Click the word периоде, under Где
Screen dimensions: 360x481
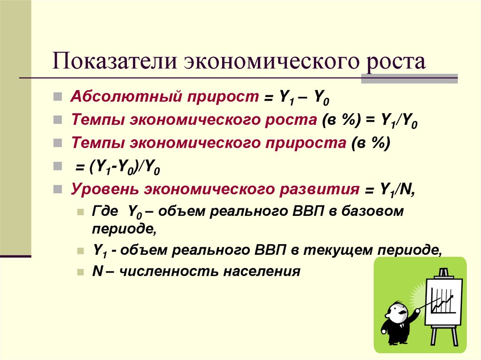(x=124, y=230)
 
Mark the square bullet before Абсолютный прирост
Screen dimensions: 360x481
(x=57, y=98)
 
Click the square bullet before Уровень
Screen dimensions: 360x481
(x=57, y=189)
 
